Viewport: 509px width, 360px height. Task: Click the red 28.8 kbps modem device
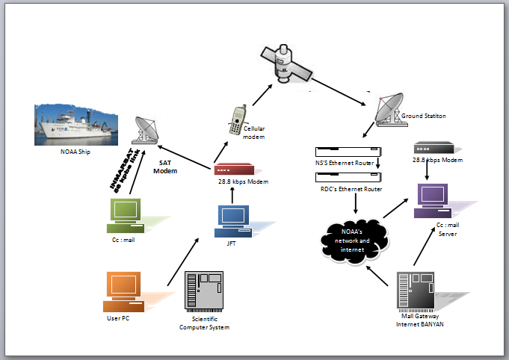232,170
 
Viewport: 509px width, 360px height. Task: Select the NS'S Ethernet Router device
345,152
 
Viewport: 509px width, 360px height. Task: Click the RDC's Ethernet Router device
345,178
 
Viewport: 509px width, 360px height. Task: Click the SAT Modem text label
165,166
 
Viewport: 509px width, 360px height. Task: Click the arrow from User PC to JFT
182,262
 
